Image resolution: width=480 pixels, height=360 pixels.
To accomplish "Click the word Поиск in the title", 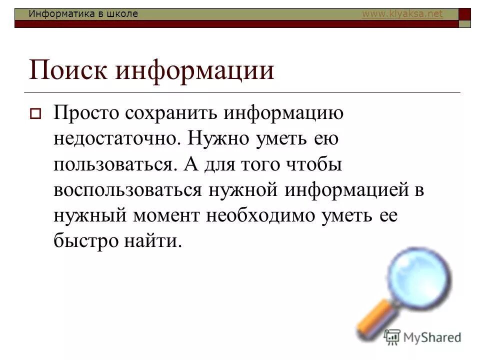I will tap(68, 70).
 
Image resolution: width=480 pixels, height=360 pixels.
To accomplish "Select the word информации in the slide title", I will tap(195, 70).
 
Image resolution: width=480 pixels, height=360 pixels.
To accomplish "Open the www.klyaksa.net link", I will tap(402, 14).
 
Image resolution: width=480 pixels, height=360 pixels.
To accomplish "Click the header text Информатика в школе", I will tap(83, 14).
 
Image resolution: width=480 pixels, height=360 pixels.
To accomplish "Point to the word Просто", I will tap(86, 113).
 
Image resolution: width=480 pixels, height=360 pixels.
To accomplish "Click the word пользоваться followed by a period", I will tap(117, 165).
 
